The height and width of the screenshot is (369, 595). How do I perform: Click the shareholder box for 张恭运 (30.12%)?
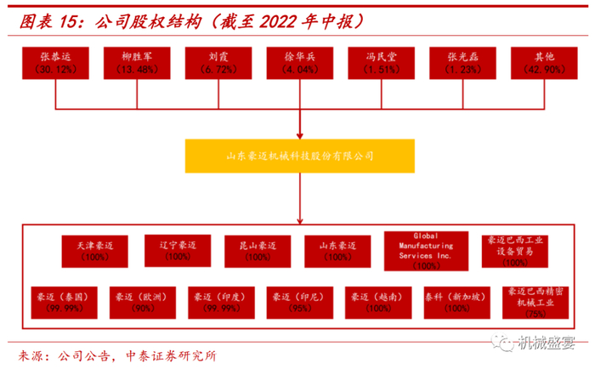coord(55,63)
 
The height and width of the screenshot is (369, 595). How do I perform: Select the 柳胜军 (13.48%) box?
coord(137,63)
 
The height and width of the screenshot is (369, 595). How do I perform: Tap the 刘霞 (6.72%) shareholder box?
coord(218,63)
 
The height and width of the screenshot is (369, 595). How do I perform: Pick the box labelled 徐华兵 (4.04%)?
coord(299,63)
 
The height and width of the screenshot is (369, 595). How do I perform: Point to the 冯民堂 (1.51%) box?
coord(380,63)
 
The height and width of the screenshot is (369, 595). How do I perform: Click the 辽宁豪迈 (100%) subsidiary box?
coord(178,249)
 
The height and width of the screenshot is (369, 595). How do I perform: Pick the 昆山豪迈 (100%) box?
coord(257,250)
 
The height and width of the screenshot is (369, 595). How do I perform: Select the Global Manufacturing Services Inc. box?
coord(421,249)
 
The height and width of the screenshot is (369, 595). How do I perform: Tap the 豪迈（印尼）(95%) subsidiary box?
coord(298,302)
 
